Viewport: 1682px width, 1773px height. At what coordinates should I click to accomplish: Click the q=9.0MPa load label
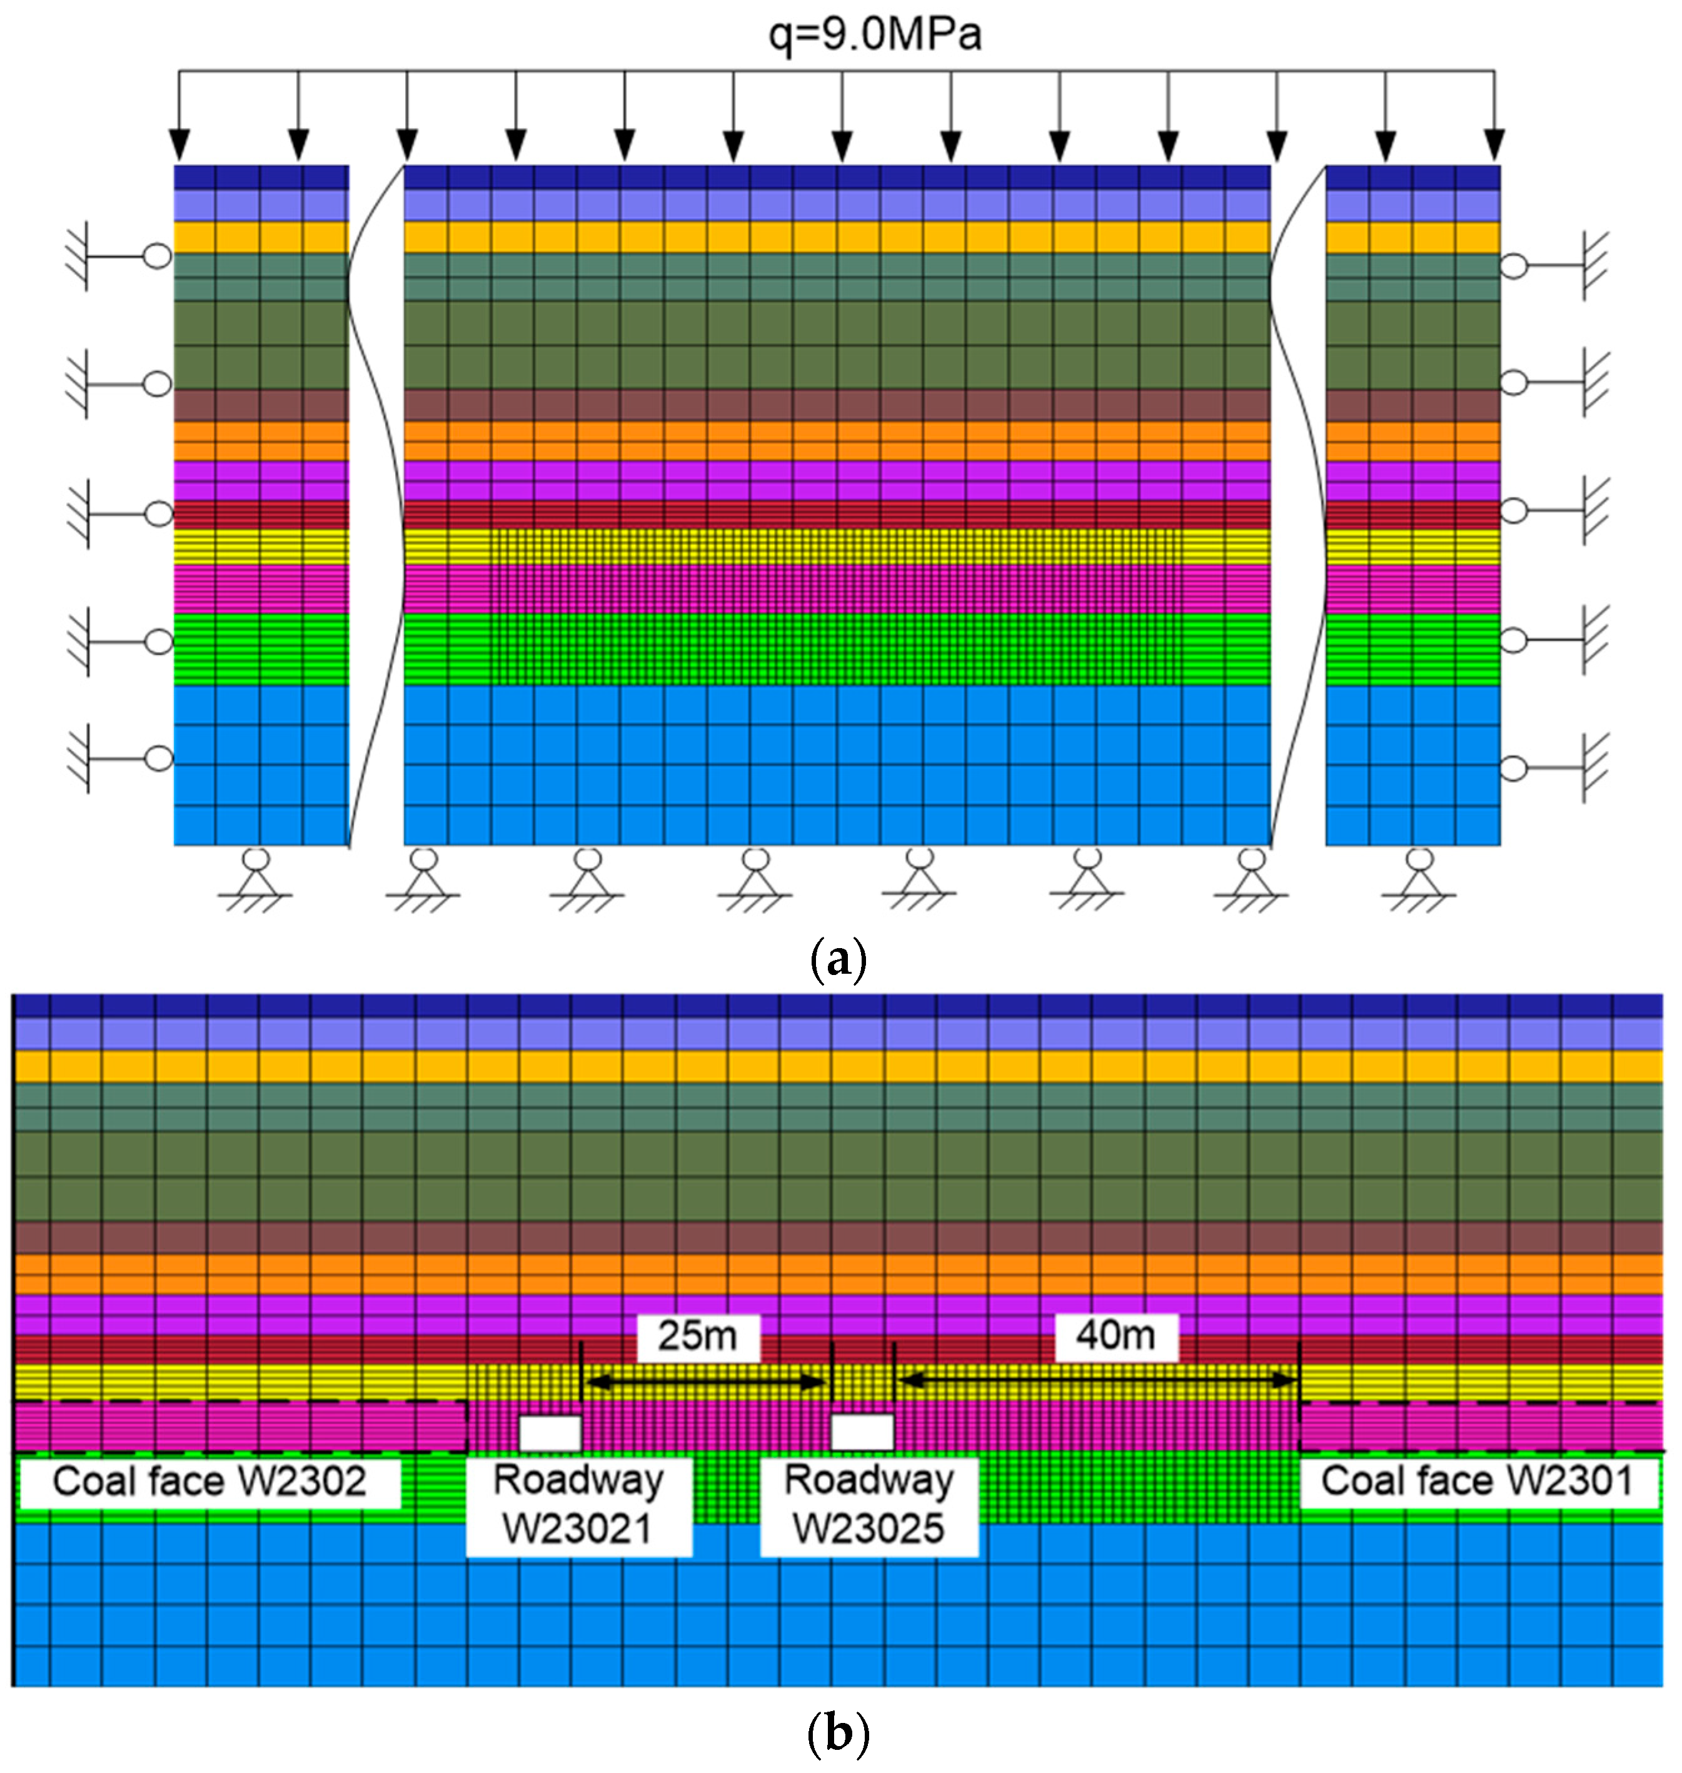click(x=874, y=34)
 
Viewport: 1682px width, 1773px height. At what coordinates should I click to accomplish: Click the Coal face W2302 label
click(x=209, y=1482)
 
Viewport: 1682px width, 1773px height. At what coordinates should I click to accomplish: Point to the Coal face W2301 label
click(x=1477, y=1481)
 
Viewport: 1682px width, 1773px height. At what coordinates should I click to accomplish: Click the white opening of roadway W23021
click(x=550, y=1432)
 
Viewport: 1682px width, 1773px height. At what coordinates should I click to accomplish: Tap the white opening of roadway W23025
click(x=862, y=1432)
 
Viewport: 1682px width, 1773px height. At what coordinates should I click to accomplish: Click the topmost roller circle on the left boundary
click(x=158, y=256)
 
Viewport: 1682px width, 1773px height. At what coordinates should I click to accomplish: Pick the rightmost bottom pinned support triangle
click(x=1418, y=883)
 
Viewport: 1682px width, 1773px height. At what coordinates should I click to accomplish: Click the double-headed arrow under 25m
click(x=705, y=1382)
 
